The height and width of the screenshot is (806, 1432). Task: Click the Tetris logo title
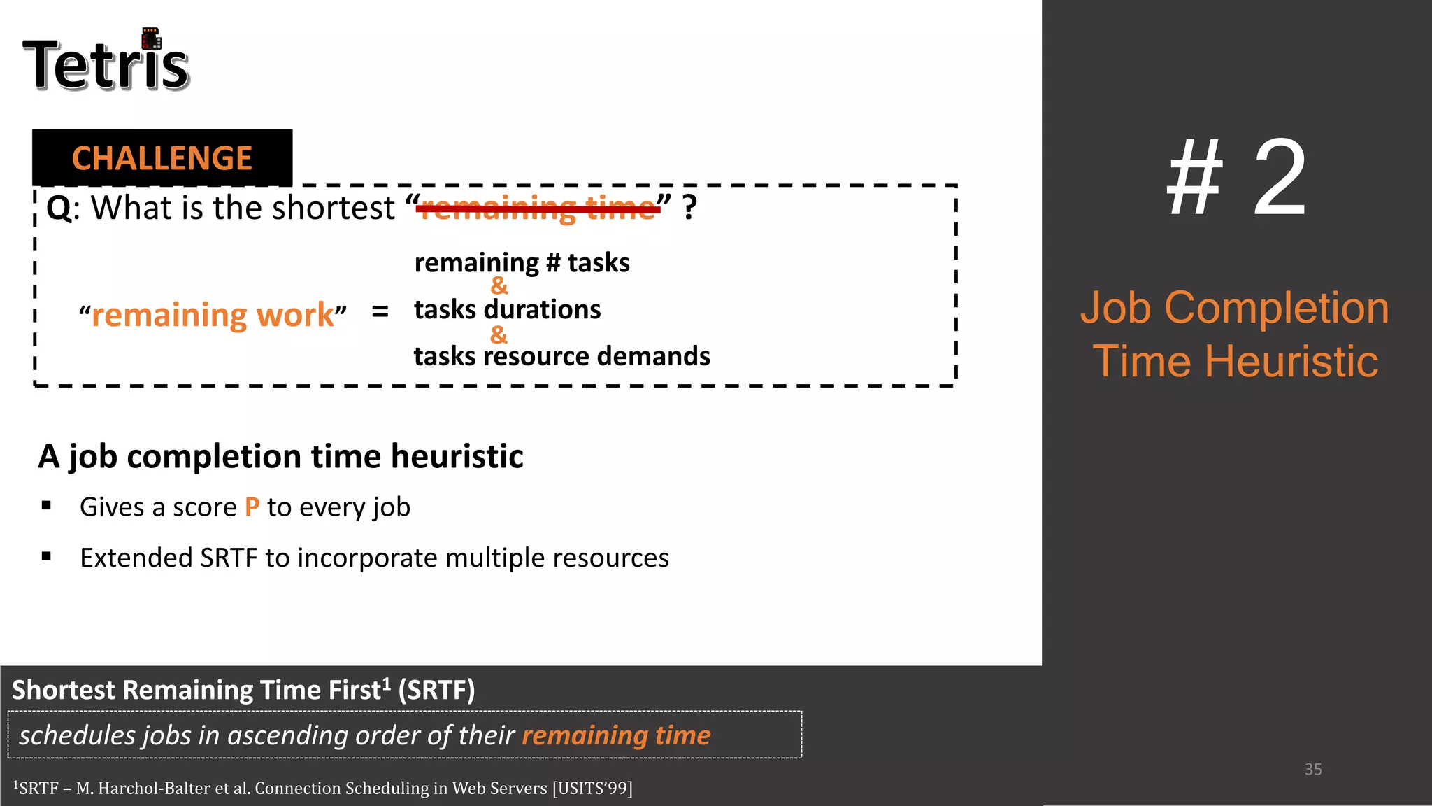[106, 64]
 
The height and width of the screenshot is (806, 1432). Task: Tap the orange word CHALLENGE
[162, 158]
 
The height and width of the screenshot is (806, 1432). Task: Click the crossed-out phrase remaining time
[538, 208]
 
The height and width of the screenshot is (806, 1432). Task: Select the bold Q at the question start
[59, 208]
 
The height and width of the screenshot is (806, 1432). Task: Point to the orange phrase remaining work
[213, 315]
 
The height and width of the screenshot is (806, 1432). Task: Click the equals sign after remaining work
[380, 311]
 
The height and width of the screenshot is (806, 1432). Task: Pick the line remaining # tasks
[522, 263]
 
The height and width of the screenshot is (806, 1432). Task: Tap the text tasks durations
[507, 309]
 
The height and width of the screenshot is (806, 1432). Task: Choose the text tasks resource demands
[561, 356]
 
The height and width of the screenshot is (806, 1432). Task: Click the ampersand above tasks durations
[499, 285]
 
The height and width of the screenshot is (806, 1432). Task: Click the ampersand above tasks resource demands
[499, 334]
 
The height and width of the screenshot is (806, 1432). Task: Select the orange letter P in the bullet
[252, 507]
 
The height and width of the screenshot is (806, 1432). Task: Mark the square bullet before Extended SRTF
[47, 557]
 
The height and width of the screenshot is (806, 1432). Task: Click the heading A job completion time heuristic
[280, 456]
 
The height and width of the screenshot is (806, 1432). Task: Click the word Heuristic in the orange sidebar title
[1291, 361]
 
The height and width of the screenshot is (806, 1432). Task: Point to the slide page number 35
[1312, 769]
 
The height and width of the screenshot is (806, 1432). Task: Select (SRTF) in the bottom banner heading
[436, 690]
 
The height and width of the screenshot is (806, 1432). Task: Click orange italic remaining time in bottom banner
[616, 735]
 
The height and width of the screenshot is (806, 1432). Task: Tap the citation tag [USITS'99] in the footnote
[592, 789]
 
